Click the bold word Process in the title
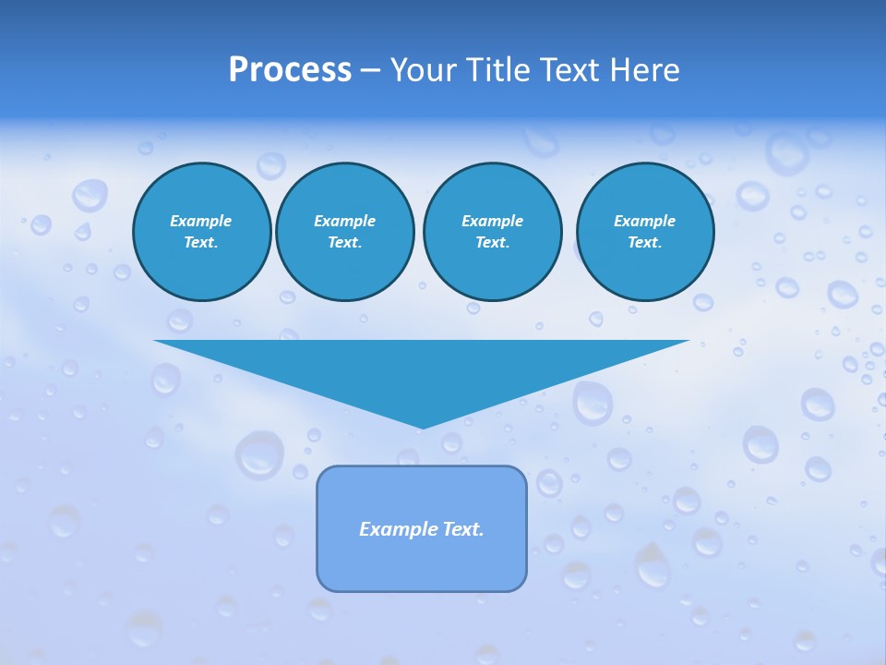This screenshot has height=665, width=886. (290, 70)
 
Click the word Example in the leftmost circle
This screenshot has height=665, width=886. (201, 221)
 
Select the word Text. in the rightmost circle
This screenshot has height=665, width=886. (644, 242)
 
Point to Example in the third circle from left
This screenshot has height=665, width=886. (492, 221)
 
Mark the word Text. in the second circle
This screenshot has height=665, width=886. (344, 242)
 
